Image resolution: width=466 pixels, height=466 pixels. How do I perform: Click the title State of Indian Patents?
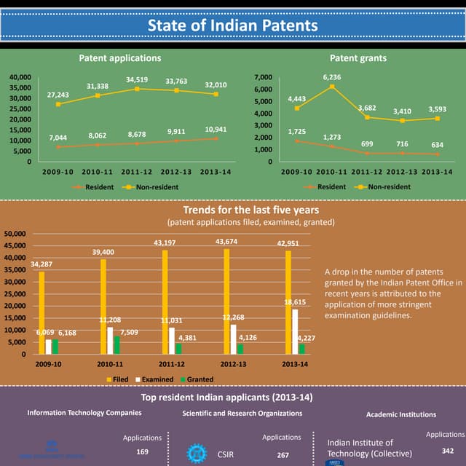pos(233,25)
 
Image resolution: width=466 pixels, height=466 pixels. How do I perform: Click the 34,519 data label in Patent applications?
pos(137,79)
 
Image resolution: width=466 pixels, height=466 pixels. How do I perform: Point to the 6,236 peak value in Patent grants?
pos(332,76)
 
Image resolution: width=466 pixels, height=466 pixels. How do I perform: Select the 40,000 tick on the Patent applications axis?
pos(20,76)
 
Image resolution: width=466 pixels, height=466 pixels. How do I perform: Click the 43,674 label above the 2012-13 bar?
pos(230,241)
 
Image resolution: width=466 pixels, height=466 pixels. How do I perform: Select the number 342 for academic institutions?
pos(449,451)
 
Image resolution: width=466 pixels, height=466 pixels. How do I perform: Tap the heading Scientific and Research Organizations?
pos(242,414)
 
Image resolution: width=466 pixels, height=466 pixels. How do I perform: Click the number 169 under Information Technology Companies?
pos(143,451)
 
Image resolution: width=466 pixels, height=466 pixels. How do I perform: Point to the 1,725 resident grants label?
pos(296,131)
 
